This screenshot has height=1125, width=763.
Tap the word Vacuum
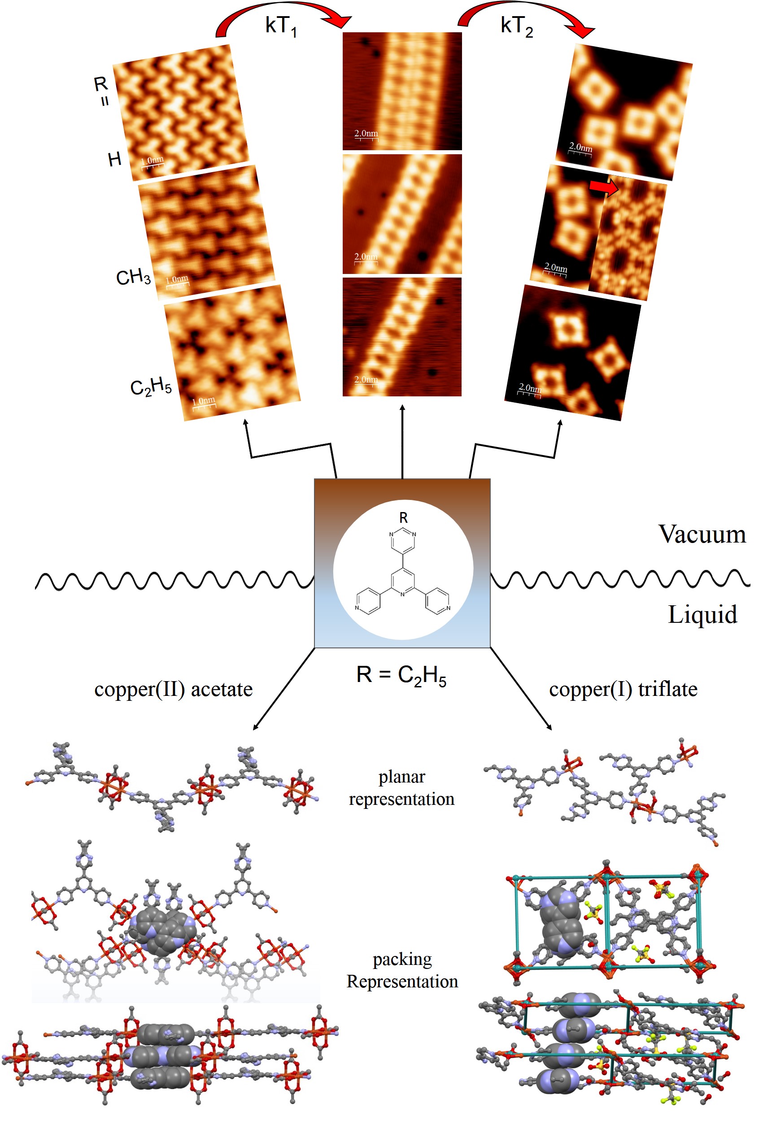click(702, 534)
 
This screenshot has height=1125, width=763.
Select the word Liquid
click(702, 615)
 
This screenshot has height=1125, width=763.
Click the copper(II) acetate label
click(173, 689)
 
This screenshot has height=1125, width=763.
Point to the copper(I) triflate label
click(623, 689)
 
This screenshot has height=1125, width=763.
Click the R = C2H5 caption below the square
click(401, 675)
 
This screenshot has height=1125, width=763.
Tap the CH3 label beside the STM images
click(133, 278)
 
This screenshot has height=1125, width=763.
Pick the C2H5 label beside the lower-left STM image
click(151, 387)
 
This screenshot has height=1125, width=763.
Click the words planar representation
click(401, 788)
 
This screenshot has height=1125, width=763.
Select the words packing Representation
click(402, 970)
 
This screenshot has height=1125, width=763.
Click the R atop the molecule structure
click(403, 518)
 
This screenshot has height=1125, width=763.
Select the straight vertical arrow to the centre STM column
click(402, 440)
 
